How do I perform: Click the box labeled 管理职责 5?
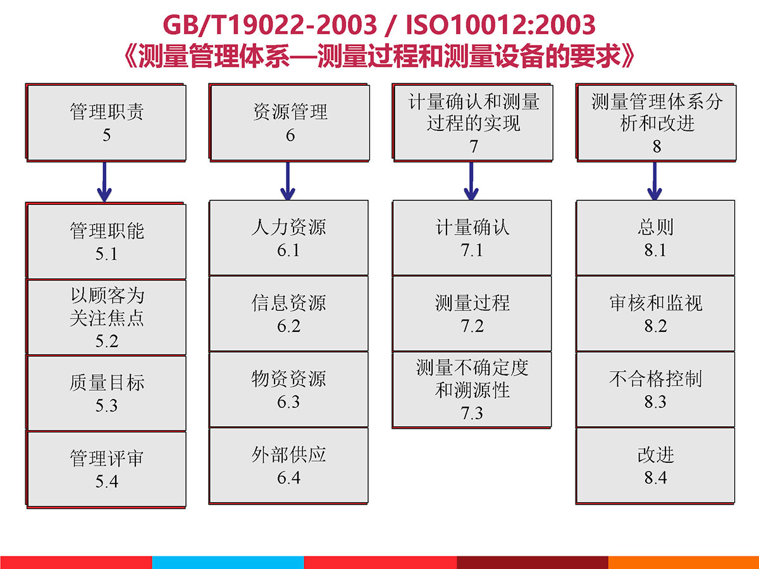[106, 123]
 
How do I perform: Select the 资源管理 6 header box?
[289, 123]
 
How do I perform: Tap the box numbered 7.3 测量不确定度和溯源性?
[472, 389]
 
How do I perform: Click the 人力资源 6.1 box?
[288, 238]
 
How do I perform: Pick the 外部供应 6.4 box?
[288, 466]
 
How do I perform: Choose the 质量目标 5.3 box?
[106, 393]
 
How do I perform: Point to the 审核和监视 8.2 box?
[655, 314]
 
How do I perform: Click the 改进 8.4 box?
[655, 466]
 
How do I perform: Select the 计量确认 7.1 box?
[472, 238]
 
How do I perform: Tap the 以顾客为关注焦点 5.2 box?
[106, 317]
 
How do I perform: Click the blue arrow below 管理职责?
[104, 181]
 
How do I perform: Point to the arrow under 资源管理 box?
[288, 181]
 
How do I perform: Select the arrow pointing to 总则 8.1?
[655, 181]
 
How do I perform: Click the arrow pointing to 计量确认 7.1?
[471, 181]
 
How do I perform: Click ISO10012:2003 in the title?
[500, 25]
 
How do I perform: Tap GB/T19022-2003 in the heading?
[269, 25]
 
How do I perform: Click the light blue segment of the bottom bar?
[228, 563]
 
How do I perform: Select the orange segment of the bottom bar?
[684, 563]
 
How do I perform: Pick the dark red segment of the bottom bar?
[533, 563]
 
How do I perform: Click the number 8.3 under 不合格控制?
[655, 402]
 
